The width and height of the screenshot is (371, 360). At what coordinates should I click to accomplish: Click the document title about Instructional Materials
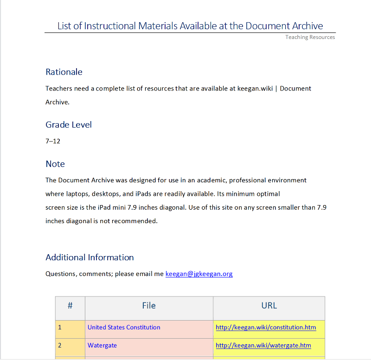point(190,26)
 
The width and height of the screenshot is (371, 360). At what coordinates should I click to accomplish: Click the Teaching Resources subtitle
point(310,37)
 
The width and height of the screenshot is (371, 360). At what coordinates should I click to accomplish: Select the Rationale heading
point(64,72)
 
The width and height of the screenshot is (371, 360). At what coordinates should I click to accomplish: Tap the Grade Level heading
point(69,125)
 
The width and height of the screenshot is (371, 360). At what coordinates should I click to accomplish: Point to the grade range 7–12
point(53,141)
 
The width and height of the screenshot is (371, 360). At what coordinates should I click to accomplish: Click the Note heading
point(55,164)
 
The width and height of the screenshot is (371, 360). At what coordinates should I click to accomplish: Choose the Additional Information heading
point(90,257)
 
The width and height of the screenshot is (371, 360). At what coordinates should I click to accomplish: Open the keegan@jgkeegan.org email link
point(199,274)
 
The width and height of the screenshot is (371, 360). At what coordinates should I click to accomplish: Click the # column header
point(70,306)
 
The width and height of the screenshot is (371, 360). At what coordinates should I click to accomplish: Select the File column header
point(149,306)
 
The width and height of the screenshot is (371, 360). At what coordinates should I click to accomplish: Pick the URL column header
point(269,306)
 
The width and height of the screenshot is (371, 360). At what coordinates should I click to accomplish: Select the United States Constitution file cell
point(124,328)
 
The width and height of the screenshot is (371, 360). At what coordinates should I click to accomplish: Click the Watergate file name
point(102,346)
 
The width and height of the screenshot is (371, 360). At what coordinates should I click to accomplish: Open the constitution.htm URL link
point(266,328)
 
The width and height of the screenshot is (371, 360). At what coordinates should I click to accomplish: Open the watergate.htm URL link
point(263,346)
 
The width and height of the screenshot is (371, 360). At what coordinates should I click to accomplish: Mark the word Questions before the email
point(60,274)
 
